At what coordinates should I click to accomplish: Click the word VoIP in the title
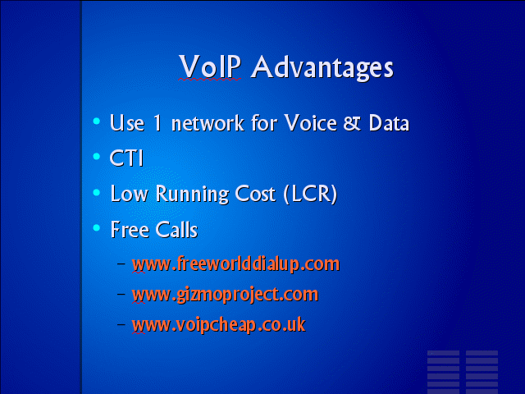pyautogui.click(x=210, y=66)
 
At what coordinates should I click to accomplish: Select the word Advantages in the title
pyautogui.click(x=322, y=68)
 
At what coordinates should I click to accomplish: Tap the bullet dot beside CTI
pyautogui.click(x=97, y=157)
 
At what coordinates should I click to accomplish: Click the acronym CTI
pyautogui.click(x=126, y=158)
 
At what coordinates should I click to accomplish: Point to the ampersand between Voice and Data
pyautogui.click(x=352, y=123)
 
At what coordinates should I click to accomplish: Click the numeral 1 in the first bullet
pyautogui.click(x=157, y=123)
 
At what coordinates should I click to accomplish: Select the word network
pyautogui.click(x=208, y=123)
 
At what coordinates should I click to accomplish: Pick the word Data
pyautogui.click(x=389, y=123)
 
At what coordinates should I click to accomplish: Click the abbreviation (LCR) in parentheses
pyautogui.click(x=310, y=194)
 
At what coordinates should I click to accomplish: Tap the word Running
pyautogui.click(x=192, y=195)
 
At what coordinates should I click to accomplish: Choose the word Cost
pyautogui.click(x=255, y=194)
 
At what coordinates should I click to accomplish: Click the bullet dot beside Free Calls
pyautogui.click(x=97, y=228)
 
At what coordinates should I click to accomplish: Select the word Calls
pyautogui.click(x=176, y=230)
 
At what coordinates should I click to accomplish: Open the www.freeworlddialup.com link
pyautogui.click(x=235, y=264)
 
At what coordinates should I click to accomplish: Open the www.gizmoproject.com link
pyautogui.click(x=225, y=295)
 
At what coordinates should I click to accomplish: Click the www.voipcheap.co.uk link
pyautogui.click(x=219, y=325)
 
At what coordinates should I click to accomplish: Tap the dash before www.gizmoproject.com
pyautogui.click(x=121, y=294)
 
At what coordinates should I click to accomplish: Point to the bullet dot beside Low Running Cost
pyautogui.click(x=97, y=192)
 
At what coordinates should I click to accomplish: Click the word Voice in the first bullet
pyautogui.click(x=310, y=123)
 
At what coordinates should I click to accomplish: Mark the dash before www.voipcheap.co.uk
pyautogui.click(x=121, y=324)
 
